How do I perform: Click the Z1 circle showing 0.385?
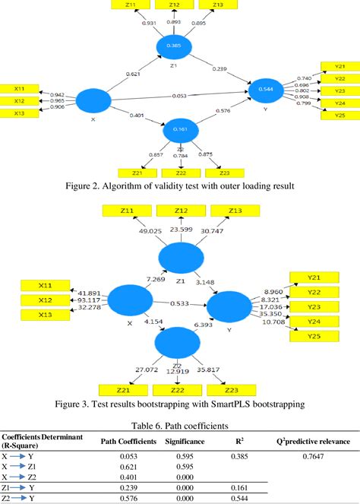click(x=175, y=46)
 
